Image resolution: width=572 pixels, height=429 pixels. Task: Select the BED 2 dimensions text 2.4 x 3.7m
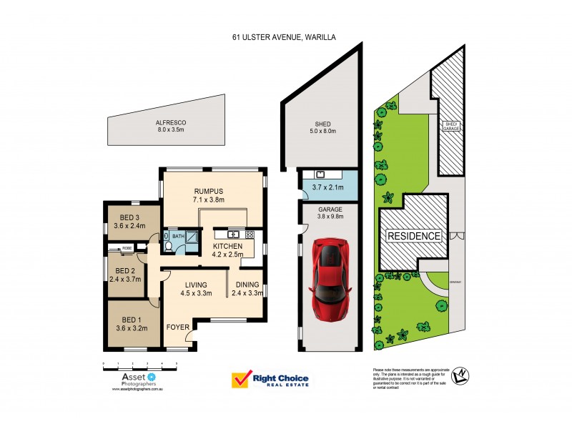(x=125, y=280)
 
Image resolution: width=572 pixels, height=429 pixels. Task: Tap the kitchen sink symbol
(x=232, y=234)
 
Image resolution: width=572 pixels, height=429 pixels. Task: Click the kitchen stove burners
(x=250, y=234)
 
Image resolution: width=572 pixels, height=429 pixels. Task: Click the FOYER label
(x=177, y=328)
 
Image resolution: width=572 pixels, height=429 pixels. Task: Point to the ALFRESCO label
(x=170, y=122)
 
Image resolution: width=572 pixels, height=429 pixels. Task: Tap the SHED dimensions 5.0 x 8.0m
(x=312, y=132)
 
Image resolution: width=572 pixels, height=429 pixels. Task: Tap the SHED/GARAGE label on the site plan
(x=451, y=127)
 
